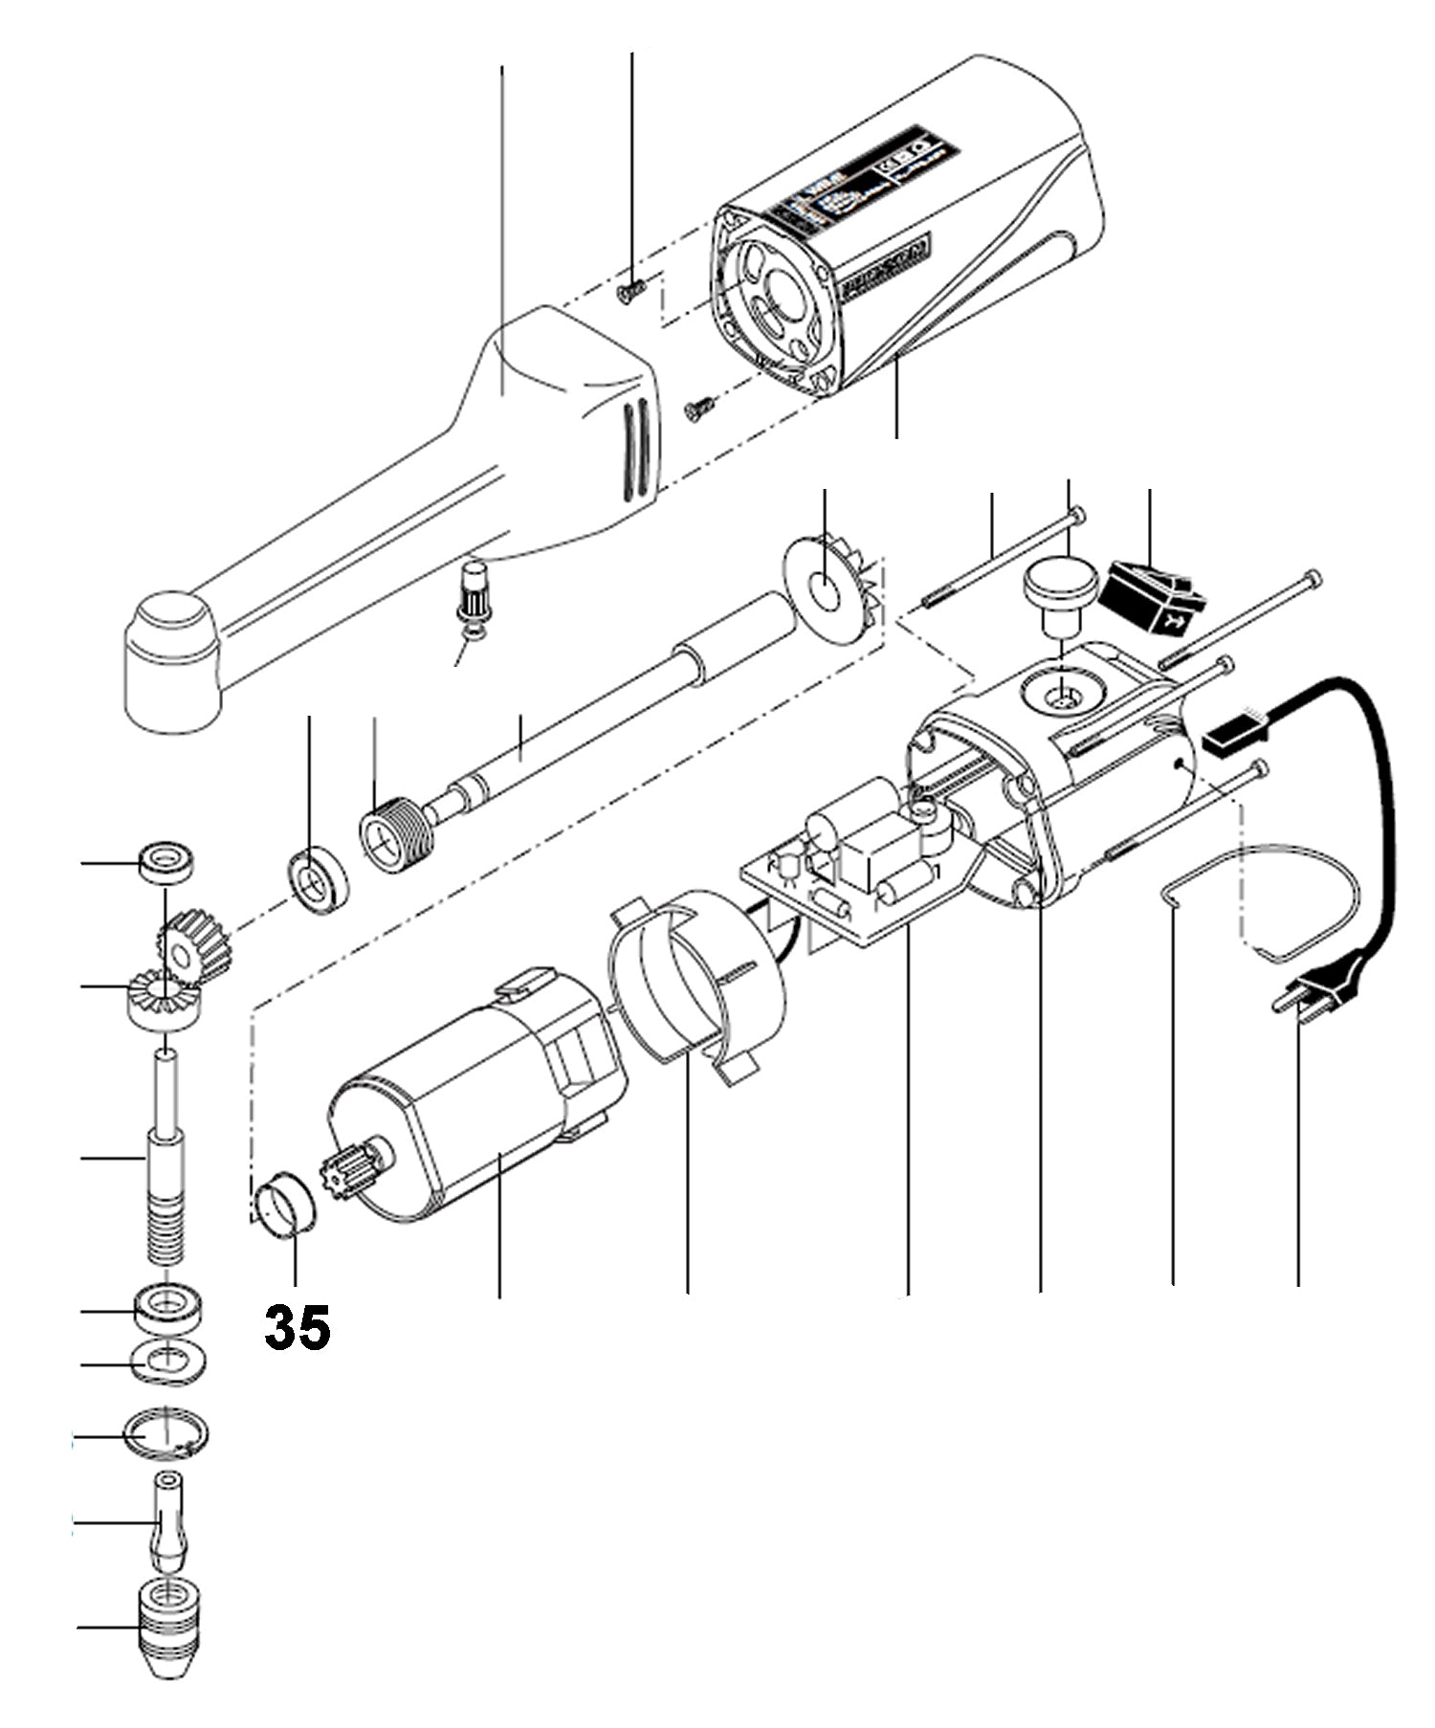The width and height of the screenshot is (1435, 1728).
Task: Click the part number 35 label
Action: pyautogui.click(x=298, y=1327)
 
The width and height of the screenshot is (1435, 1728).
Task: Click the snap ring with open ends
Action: pyautogui.click(x=166, y=1435)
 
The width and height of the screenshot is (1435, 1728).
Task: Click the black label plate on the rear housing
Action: pyautogui.click(x=862, y=177)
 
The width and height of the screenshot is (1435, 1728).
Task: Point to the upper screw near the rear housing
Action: pyautogui.click(x=630, y=289)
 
